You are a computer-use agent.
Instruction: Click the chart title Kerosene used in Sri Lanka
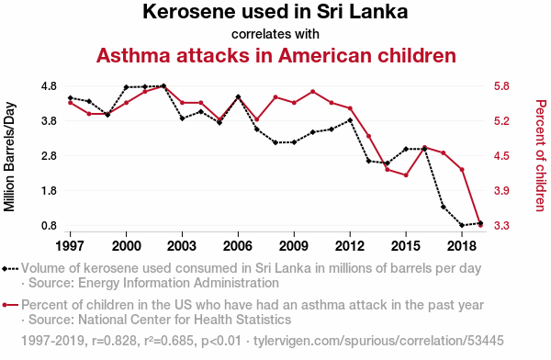tap(275, 12)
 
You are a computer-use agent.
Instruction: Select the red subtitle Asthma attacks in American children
tap(276, 55)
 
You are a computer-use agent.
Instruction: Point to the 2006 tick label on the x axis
tap(238, 246)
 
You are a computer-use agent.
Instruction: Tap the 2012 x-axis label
tap(350, 246)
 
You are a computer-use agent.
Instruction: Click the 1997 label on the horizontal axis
tap(71, 246)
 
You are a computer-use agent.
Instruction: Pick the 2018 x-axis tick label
tap(462, 246)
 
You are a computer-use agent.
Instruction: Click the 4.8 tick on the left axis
tap(49, 86)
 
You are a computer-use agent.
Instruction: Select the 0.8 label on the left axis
tap(49, 226)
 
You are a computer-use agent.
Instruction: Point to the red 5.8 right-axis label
tap(501, 86)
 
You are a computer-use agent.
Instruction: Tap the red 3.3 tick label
tap(501, 226)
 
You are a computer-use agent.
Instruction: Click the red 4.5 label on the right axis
tap(501, 156)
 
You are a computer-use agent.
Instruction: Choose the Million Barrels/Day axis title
tap(9, 157)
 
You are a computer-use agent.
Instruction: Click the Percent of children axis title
tap(541, 156)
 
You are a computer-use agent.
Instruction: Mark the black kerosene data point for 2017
tap(444, 207)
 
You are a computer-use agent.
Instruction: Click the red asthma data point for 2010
tap(313, 92)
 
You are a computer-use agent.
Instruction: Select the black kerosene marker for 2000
tap(126, 87)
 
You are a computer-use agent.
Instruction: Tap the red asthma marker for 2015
tap(406, 175)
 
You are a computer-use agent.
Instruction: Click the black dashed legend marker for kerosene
tap(10, 269)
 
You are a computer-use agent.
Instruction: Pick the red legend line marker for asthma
tap(10, 305)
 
